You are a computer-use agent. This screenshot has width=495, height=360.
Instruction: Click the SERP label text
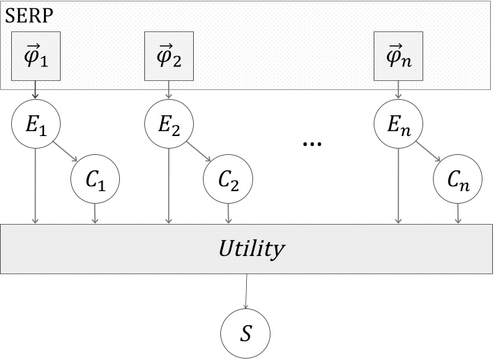pos(24,15)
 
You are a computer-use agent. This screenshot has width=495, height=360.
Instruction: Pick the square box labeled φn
pos(398,56)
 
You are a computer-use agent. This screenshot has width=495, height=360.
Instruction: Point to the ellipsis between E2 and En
pos(312,143)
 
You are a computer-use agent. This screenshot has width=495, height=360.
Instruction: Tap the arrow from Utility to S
pos(245,289)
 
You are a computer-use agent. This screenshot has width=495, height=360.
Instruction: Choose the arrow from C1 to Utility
pos(96,214)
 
